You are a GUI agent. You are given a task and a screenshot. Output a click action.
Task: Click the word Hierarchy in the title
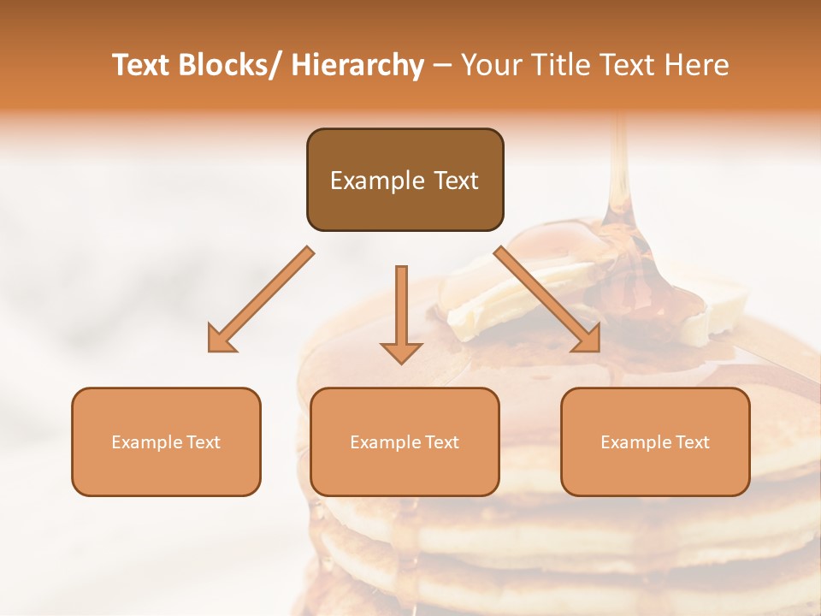pyautogui.click(x=357, y=66)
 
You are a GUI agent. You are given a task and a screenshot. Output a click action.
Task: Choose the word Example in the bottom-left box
pyautogui.click(x=142, y=442)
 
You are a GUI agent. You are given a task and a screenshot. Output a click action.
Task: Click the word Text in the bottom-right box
pyautogui.click(x=691, y=442)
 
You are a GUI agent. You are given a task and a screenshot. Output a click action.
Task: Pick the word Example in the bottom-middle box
pyautogui.click(x=381, y=442)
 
